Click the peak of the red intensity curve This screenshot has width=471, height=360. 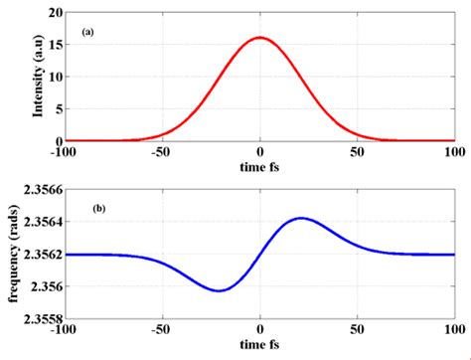pyautogui.click(x=259, y=38)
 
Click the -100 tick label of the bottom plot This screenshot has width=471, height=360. pyautogui.click(x=63, y=333)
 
